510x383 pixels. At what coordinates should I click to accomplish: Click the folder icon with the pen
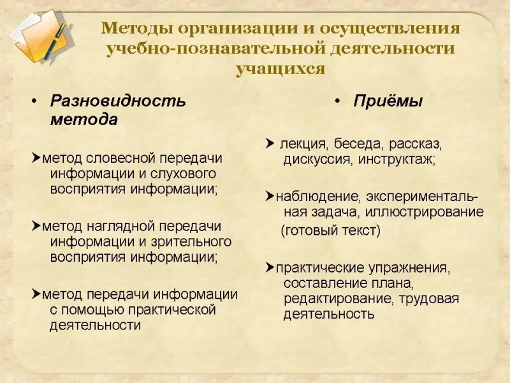[41, 36]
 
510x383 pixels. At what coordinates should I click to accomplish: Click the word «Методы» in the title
[137, 29]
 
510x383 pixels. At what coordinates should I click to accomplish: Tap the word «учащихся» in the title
[280, 69]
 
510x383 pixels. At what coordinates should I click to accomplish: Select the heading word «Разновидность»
[118, 101]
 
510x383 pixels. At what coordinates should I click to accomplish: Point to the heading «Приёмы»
[388, 101]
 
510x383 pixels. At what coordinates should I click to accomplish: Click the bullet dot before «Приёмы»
[337, 101]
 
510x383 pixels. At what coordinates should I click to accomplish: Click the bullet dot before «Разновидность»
[34, 101]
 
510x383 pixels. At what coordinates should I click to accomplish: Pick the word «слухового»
[183, 174]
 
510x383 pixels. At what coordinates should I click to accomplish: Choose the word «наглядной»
[120, 227]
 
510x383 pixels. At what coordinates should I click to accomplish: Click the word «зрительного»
[191, 242]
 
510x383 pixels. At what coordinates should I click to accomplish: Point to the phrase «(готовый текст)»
[330, 230]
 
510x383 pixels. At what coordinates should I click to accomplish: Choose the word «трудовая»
[428, 299]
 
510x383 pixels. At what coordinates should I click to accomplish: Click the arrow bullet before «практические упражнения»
[270, 267]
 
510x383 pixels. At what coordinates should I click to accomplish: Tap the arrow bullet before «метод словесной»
[36, 158]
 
